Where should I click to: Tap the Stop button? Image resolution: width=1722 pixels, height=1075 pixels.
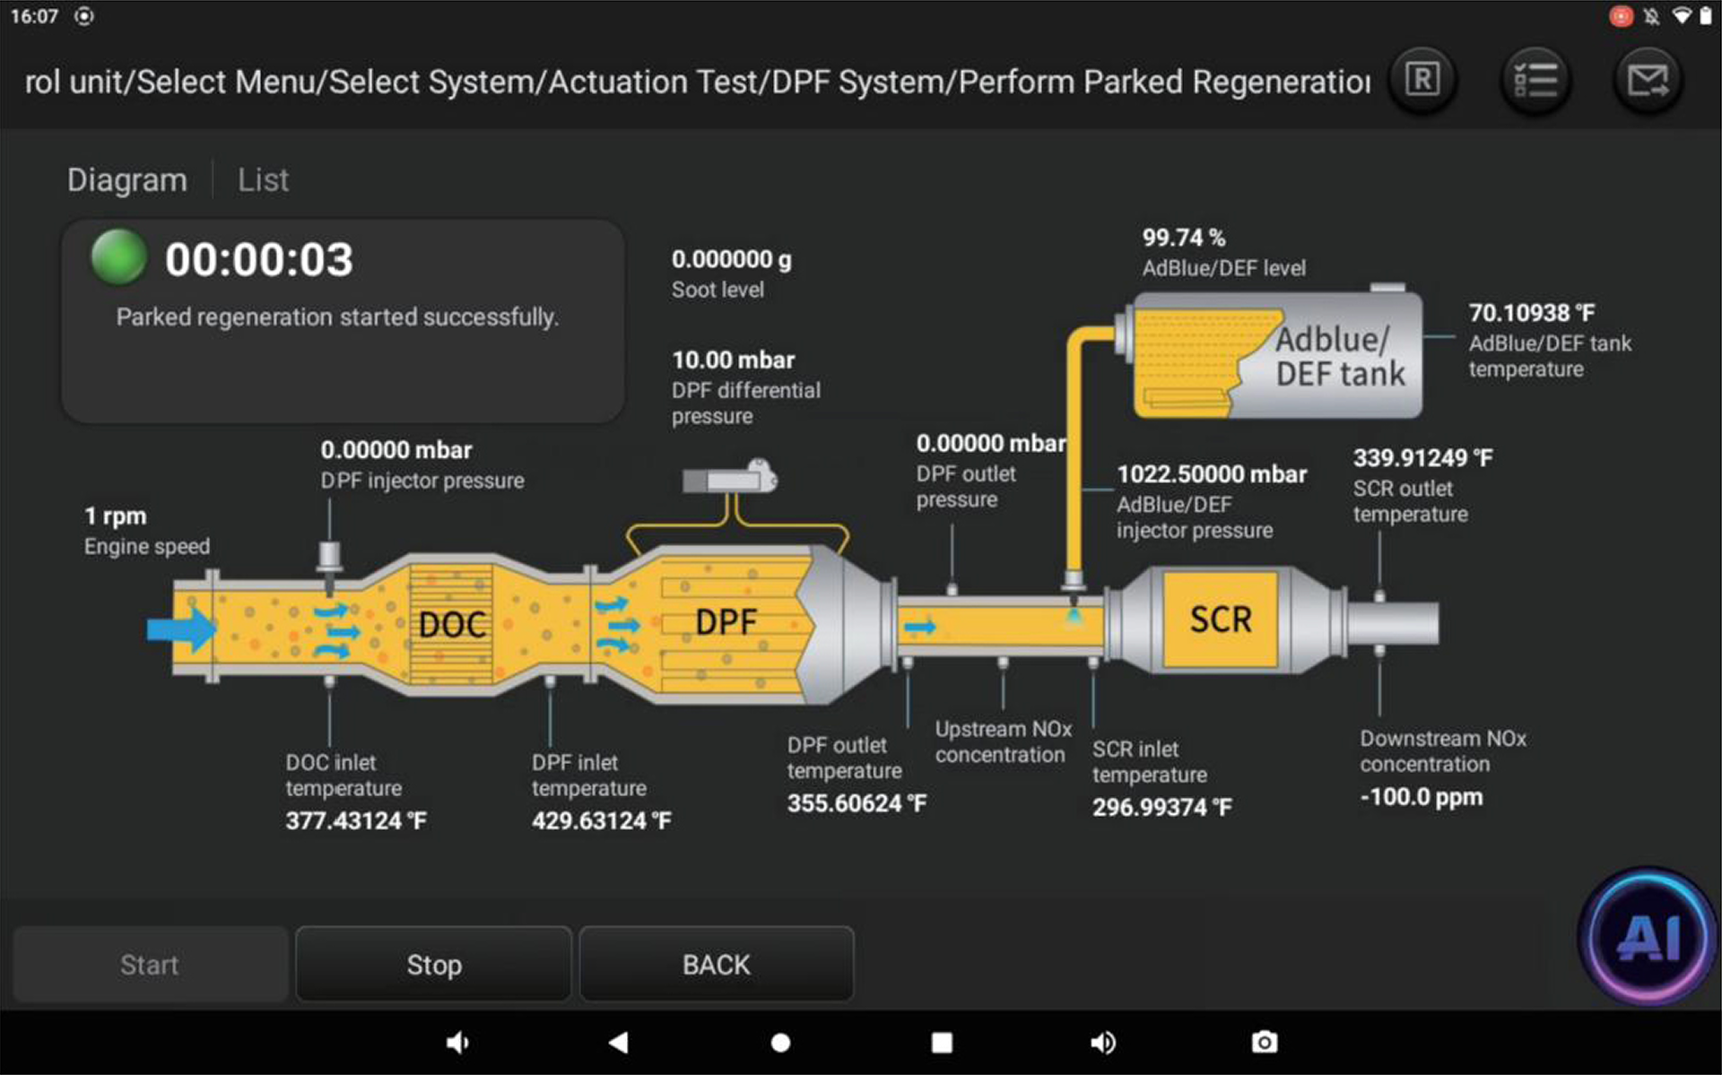tap(434, 965)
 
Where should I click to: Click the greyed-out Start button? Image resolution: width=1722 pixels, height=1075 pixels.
tap(150, 965)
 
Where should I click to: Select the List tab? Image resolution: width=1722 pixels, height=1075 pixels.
tap(263, 180)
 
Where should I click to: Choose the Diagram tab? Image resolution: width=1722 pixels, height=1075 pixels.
tap(126, 180)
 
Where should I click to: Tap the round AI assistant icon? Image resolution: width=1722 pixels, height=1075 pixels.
tap(1649, 937)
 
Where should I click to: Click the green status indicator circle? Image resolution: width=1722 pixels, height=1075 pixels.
tap(119, 257)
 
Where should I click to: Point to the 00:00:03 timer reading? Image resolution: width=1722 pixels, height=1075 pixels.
tap(259, 260)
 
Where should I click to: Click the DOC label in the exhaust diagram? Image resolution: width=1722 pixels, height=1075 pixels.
tap(452, 625)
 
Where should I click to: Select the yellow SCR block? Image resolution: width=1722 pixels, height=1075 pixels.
tap(1220, 620)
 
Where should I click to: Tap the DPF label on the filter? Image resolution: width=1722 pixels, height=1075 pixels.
tap(726, 622)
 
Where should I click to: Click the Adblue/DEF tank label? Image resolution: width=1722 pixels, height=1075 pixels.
tap(1339, 356)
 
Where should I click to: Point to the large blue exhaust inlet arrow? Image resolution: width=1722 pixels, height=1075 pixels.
tap(181, 629)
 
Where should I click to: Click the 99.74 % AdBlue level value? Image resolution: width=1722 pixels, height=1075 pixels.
tap(1183, 238)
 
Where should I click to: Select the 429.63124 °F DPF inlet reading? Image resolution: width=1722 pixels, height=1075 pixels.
tap(601, 821)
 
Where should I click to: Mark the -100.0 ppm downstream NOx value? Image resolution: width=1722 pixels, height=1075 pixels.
tap(1421, 797)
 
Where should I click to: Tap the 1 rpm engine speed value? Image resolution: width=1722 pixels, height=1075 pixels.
tap(116, 516)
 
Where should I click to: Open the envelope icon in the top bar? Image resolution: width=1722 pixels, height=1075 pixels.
tap(1648, 81)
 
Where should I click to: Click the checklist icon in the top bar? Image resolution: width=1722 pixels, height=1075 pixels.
tap(1535, 81)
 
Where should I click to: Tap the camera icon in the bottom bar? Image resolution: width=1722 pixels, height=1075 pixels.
tap(1265, 1042)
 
